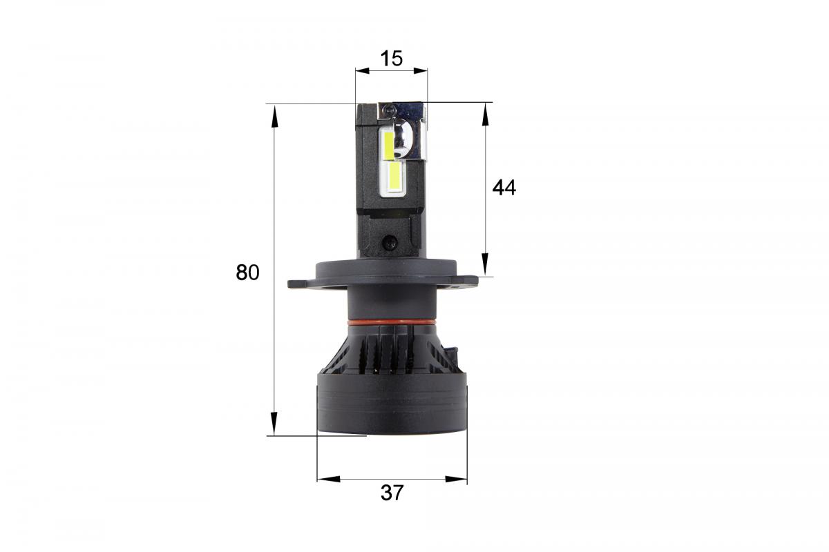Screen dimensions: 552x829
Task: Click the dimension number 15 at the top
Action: (391, 59)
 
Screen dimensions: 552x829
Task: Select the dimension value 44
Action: (504, 187)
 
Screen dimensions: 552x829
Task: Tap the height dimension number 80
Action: (247, 273)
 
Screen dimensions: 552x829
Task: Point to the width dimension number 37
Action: (392, 493)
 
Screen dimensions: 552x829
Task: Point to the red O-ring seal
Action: (391, 322)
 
